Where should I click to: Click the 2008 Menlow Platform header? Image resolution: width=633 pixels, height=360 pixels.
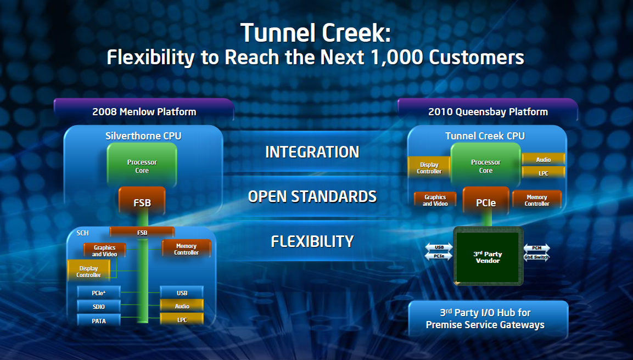(x=144, y=112)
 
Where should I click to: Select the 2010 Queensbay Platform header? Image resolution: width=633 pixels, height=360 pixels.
(x=488, y=112)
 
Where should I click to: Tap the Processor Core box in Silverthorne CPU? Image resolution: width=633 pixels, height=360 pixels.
(x=142, y=166)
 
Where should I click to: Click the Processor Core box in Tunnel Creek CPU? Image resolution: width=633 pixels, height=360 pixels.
(x=485, y=166)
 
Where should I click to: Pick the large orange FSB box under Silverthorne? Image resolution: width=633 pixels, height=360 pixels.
(x=142, y=203)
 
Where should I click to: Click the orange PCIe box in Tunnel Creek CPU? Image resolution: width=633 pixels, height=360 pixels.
(x=485, y=203)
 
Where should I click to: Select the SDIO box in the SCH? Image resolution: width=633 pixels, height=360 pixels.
(x=99, y=306)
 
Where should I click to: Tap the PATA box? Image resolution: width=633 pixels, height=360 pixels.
(x=99, y=320)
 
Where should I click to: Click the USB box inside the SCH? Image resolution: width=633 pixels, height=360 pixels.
(x=182, y=293)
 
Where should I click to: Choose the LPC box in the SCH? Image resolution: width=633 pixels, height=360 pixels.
(x=182, y=319)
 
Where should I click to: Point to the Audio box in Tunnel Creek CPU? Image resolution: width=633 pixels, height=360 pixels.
(x=543, y=160)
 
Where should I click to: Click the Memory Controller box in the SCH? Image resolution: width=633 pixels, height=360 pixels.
(x=186, y=249)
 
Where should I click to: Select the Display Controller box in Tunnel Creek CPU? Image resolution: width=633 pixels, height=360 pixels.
(x=429, y=168)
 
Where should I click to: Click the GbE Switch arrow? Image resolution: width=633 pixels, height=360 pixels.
(x=536, y=257)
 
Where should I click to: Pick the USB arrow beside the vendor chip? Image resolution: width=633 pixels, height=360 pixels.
(x=439, y=248)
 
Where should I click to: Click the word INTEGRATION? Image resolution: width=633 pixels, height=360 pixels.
(x=312, y=152)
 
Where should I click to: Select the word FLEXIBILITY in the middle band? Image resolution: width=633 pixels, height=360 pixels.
(x=312, y=241)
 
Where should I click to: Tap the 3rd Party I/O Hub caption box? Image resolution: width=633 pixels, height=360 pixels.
(x=488, y=318)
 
